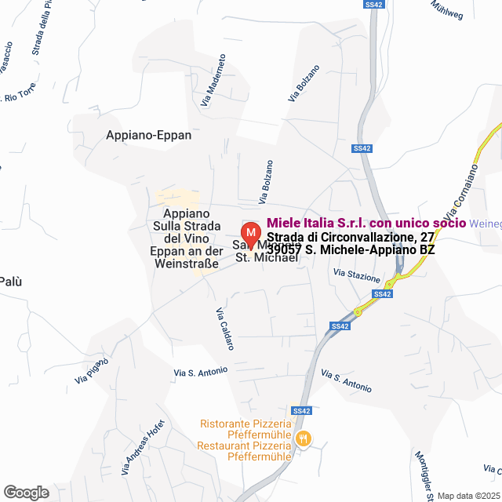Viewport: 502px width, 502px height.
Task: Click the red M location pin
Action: (x=249, y=235)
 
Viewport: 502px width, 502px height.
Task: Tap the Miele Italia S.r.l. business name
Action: (x=372, y=223)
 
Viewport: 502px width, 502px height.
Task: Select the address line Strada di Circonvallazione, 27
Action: (x=350, y=236)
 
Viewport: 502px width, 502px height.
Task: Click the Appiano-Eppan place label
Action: (x=148, y=135)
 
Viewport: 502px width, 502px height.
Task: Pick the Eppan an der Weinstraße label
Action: (x=184, y=258)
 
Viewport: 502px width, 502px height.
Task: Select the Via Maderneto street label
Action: (x=213, y=80)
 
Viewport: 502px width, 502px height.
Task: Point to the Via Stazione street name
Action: (x=356, y=275)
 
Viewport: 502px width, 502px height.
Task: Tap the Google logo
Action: (x=26, y=493)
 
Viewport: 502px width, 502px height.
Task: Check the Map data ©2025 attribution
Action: (x=468, y=496)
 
